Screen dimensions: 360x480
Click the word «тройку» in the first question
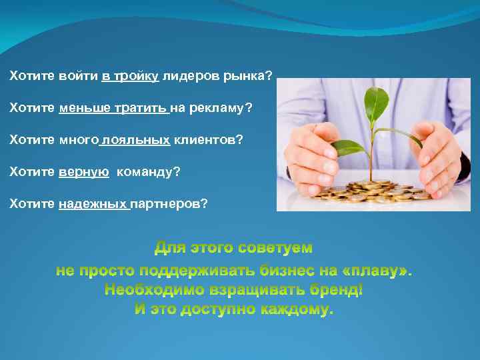136,77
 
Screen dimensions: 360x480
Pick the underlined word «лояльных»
137,140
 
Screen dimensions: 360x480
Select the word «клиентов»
208,140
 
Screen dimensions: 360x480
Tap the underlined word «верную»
84,172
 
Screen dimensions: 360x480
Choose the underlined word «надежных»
93,203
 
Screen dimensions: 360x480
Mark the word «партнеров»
169,203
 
